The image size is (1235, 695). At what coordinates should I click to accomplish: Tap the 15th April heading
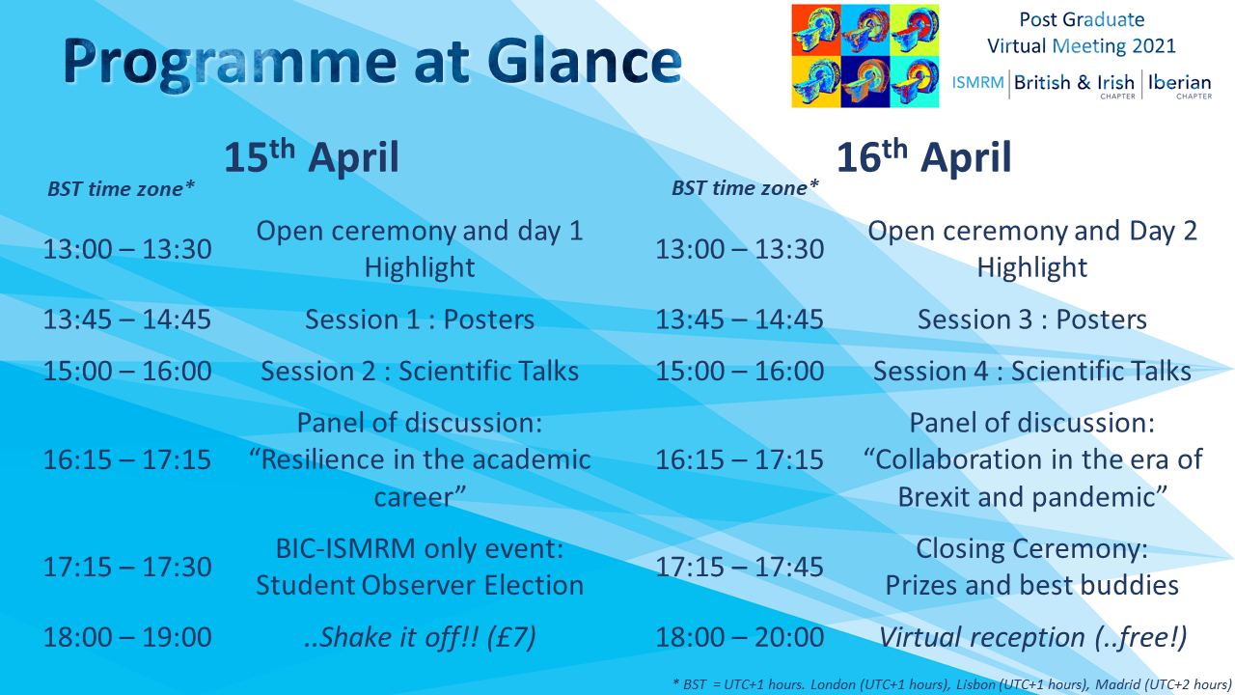pos(311,157)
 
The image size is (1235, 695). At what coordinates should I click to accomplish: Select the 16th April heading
pos(924,157)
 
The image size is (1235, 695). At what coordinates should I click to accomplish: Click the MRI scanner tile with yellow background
pos(816,82)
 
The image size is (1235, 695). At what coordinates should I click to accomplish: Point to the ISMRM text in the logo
pos(977,83)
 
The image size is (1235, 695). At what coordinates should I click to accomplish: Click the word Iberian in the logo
pos(1180,83)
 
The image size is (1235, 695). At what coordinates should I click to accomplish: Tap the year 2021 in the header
pos(1153,45)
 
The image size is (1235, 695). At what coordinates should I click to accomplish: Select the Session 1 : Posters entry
pos(420,320)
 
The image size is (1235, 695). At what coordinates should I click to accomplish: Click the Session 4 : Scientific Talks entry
pos(1032,372)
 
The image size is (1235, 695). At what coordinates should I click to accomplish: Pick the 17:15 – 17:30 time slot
pos(127,567)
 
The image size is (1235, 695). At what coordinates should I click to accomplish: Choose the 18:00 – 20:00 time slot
pos(739,638)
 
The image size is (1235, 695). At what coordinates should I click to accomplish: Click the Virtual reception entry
pos(1032,638)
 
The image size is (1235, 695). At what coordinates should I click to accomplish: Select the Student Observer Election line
pos(420,585)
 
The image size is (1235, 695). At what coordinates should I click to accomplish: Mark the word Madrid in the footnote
pos(1102,684)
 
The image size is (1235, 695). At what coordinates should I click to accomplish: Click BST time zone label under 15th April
pos(121,188)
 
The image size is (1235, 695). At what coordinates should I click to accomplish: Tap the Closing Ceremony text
pos(1031,549)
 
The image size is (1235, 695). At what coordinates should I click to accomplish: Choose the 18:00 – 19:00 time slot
pos(127,638)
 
